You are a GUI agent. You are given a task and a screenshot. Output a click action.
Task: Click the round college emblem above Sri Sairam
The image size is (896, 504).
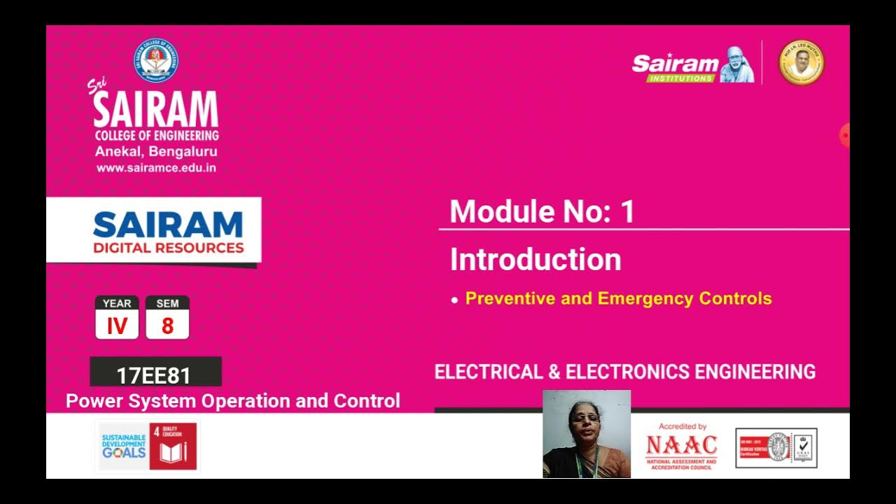coord(155,61)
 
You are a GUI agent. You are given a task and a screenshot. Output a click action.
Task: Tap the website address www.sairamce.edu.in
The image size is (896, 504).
coord(156,168)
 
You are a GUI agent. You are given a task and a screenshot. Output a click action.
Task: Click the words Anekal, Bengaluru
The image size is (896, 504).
coord(156,152)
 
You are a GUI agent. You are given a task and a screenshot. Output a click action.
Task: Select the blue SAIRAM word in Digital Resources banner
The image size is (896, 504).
coord(167,225)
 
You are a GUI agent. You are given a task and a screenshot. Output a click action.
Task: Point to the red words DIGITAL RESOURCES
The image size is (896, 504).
coord(168,248)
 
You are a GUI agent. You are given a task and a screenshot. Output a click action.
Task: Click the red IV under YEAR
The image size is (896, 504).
coord(117,325)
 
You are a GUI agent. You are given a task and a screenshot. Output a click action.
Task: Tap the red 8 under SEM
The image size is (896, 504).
coord(167,325)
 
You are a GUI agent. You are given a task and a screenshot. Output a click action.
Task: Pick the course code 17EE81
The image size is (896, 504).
coord(154,375)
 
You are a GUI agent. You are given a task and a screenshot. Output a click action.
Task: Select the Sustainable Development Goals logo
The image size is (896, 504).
coord(124,446)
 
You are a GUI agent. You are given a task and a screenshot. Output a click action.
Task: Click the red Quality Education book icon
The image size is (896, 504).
coord(173,451)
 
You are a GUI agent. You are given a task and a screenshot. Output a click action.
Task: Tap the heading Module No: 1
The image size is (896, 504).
coord(542,211)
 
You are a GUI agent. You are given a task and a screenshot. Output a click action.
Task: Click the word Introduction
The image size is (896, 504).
coord(535,260)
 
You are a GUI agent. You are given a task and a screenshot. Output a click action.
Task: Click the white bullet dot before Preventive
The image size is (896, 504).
coord(455,300)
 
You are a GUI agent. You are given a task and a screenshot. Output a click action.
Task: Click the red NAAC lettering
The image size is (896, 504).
coord(681,445)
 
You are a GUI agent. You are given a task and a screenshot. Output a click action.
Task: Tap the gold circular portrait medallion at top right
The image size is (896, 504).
coord(801,62)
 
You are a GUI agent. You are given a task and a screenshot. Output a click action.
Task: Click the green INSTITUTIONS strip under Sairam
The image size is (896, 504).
coord(680,78)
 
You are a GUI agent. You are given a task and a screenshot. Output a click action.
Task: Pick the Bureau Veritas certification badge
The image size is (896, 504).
coord(776,448)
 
